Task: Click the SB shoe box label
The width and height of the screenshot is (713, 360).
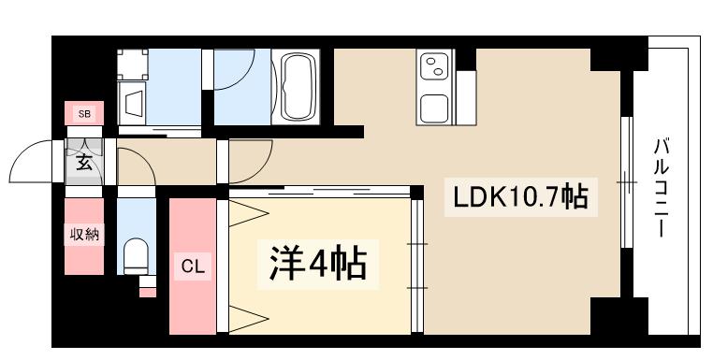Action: (84, 114)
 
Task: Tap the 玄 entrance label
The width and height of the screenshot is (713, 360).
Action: (84, 165)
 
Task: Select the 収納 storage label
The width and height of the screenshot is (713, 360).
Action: (82, 234)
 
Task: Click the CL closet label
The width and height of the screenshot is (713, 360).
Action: (192, 266)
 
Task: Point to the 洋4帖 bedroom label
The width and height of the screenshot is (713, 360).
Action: (318, 265)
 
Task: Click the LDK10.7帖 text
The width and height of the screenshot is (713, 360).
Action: (520, 197)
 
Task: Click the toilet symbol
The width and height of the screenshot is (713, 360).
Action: (137, 252)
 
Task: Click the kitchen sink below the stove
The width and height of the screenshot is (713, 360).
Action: (436, 108)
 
